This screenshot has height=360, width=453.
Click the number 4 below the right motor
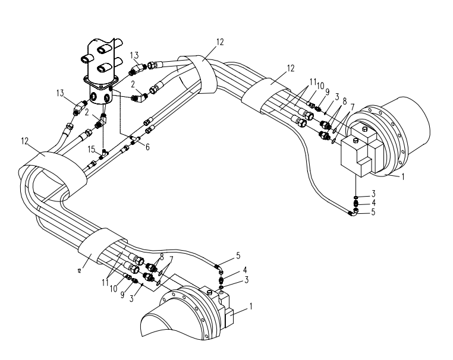374,203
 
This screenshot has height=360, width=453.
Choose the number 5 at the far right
374,211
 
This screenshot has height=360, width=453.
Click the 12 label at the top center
221,42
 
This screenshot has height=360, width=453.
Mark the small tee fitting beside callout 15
103,153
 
